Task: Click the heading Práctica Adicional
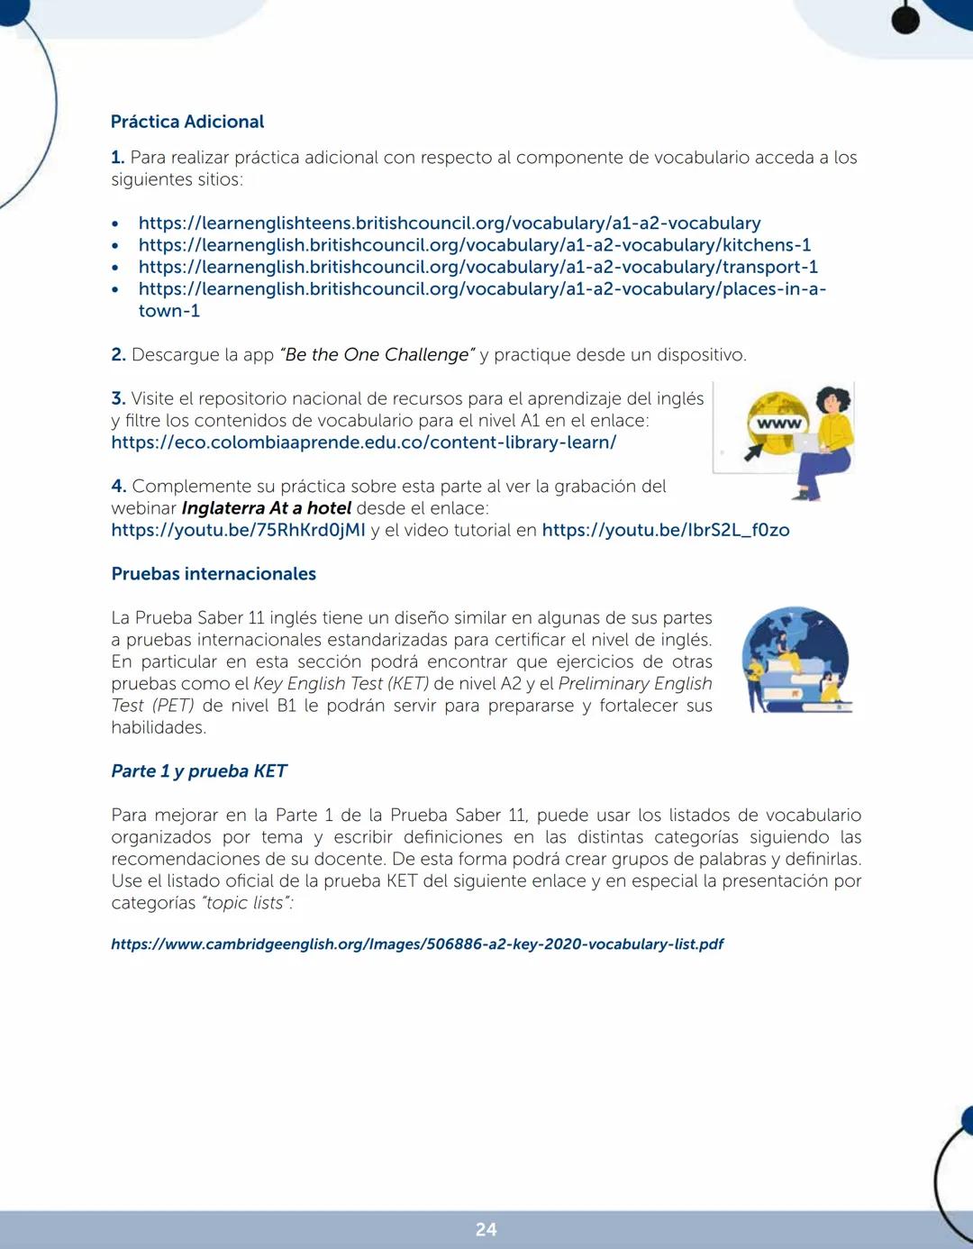click(187, 122)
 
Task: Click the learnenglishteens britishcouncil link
click(449, 223)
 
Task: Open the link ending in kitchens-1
click(474, 245)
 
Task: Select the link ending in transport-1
click(477, 267)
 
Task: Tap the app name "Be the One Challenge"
click(377, 355)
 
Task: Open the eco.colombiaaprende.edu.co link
click(363, 442)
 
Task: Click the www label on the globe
click(778, 424)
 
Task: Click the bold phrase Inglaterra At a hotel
click(266, 508)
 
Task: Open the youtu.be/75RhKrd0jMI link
click(238, 530)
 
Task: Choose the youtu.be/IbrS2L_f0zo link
click(665, 530)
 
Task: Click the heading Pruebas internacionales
click(214, 574)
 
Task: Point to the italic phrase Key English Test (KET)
click(341, 684)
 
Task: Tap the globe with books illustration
click(796, 660)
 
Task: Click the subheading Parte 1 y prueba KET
click(198, 771)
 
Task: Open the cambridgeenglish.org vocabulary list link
click(417, 944)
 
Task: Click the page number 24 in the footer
click(486, 1230)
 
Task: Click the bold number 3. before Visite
click(118, 398)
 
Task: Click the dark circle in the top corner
click(905, 20)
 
